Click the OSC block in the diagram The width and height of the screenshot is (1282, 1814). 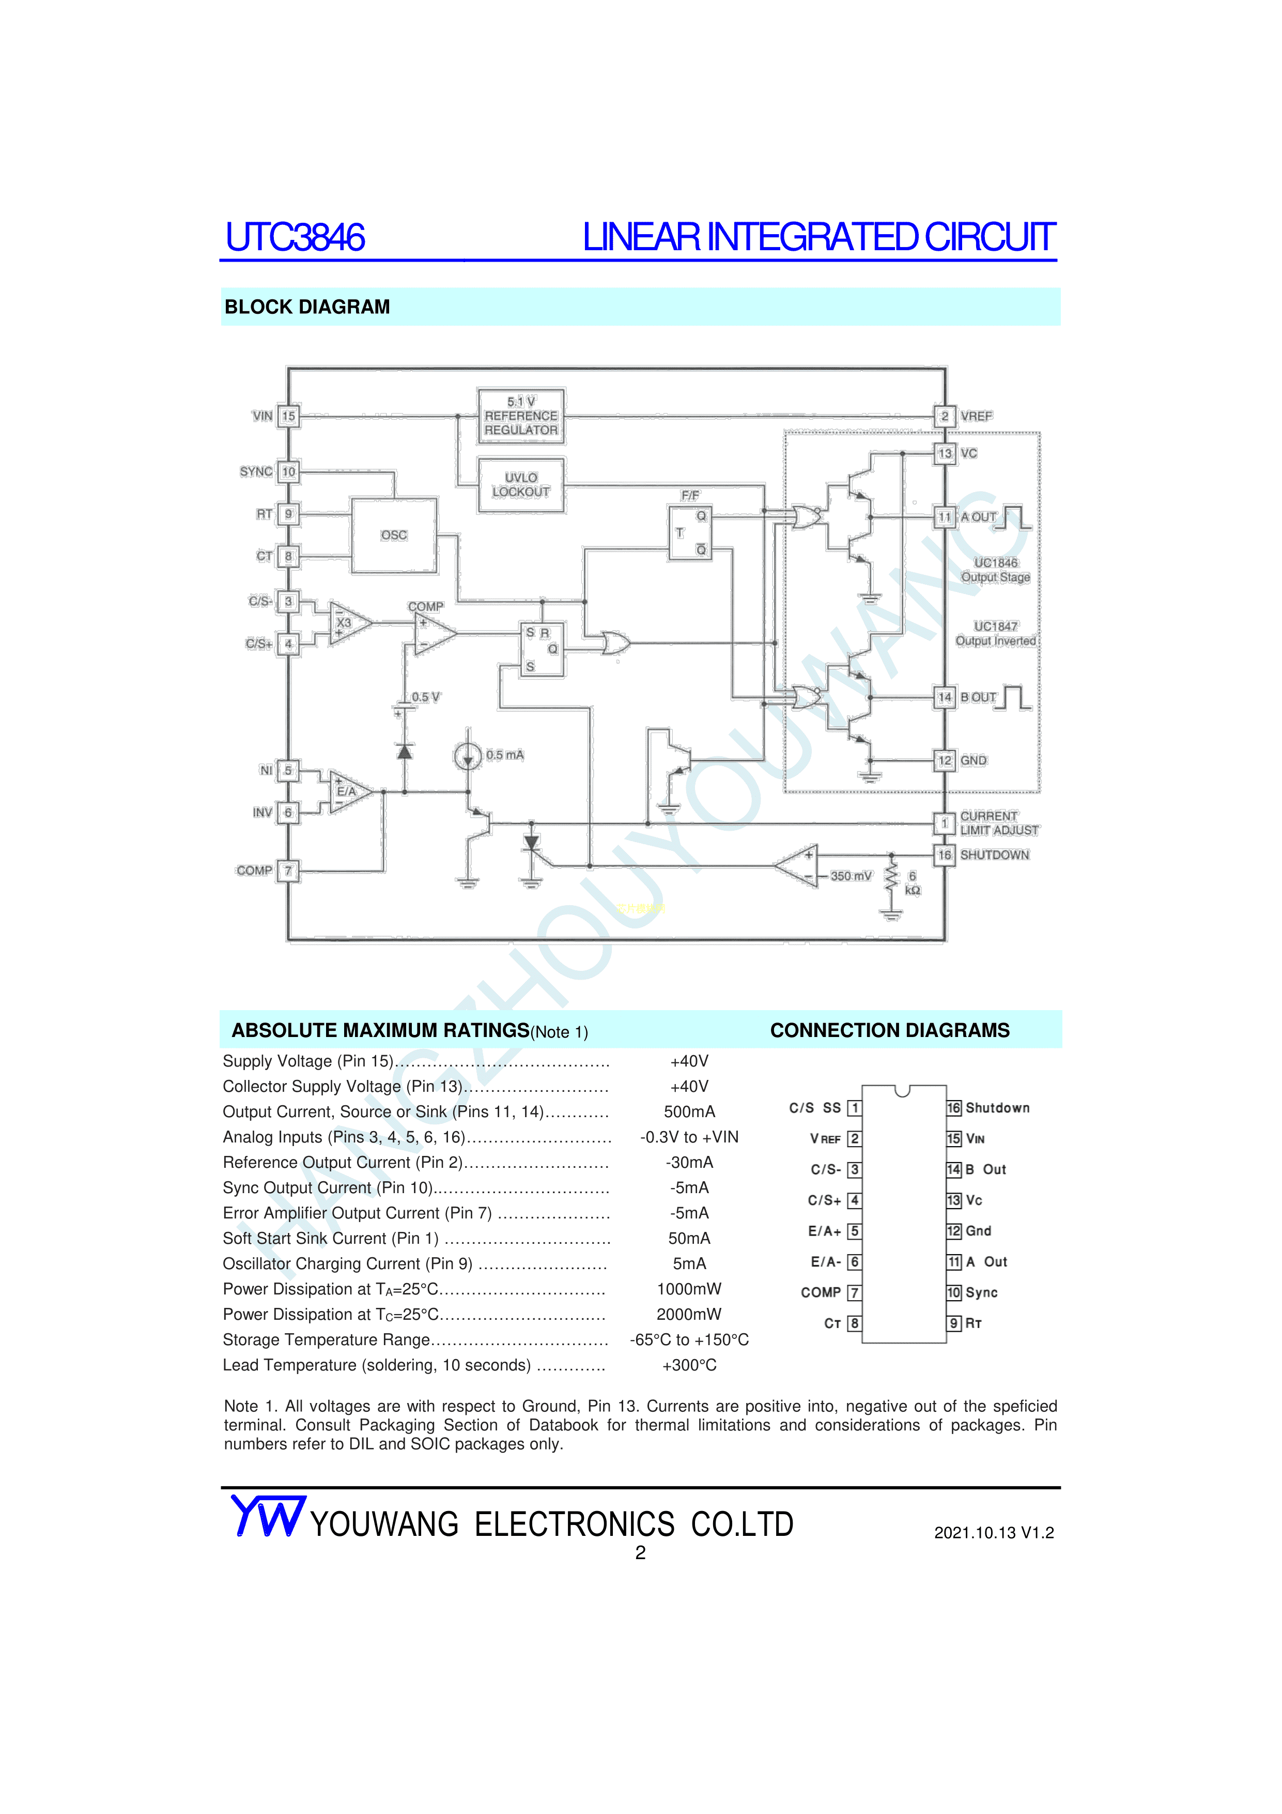[x=393, y=535]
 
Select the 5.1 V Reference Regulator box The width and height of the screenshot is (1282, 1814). [x=520, y=416]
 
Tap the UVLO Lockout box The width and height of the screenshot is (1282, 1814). [x=520, y=484]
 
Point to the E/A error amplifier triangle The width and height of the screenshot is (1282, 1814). [x=348, y=791]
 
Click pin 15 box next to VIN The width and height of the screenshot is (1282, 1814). [x=288, y=416]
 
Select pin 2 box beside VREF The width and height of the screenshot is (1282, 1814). [x=944, y=416]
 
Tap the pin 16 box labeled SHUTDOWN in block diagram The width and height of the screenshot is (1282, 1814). [x=944, y=855]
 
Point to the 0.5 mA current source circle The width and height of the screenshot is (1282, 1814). [x=468, y=756]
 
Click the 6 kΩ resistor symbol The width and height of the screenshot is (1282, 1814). [x=892, y=877]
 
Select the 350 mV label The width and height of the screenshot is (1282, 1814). [x=851, y=876]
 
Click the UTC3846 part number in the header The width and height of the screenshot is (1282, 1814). [x=295, y=237]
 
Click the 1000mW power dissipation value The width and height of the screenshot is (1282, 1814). [x=689, y=1289]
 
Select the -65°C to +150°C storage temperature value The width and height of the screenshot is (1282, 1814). [x=689, y=1339]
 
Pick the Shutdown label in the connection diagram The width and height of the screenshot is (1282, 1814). [x=998, y=1108]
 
